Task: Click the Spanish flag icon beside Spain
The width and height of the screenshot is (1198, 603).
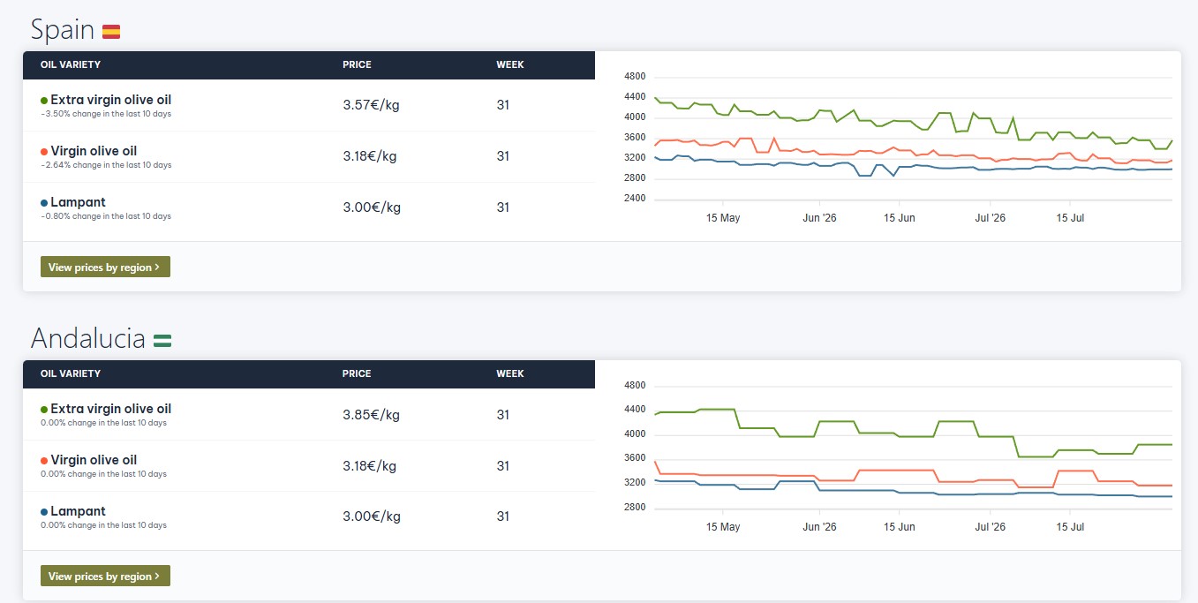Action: pos(111,32)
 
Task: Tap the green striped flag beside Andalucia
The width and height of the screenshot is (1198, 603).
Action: pos(162,340)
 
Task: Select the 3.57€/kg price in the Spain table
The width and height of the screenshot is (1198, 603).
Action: pos(371,105)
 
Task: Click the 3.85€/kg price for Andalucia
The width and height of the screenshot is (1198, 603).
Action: pos(371,415)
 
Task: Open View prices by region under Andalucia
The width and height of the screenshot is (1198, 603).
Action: pos(105,576)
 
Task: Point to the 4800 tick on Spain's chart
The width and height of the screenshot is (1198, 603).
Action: pos(635,76)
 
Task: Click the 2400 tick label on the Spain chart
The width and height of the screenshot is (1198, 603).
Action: pos(635,198)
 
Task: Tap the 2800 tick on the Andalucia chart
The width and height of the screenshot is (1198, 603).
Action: pos(635,507)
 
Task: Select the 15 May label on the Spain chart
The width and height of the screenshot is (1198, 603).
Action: pos(722,218)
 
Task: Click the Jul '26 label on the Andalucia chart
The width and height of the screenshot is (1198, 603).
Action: pos(990,526)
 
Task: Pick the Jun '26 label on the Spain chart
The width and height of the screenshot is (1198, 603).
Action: pos(819,218)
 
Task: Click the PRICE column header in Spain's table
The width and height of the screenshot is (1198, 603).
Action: pos(357,64)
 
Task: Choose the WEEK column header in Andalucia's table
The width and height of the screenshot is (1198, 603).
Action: pos(509,373)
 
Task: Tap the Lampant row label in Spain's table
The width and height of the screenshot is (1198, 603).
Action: pos(78,202)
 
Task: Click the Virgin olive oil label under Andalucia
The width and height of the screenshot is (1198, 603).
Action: pos(94,460)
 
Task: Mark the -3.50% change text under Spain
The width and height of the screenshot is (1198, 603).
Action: pos(106,114)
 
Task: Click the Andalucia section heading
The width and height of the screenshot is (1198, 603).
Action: pos(88,338)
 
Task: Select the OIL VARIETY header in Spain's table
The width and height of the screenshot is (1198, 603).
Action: pos(71,64)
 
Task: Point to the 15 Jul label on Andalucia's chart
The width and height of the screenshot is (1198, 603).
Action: pos(1070,526)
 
